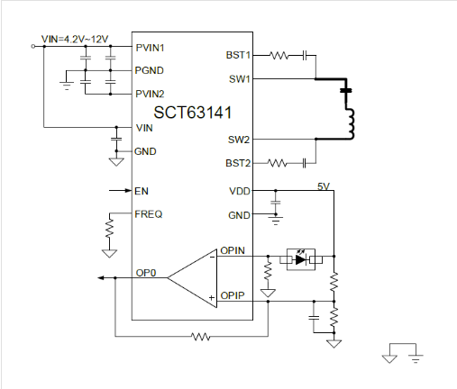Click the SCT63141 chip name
click(x=193, y=113)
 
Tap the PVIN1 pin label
click(x=150, y=48)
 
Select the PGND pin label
click(x=150, y=70)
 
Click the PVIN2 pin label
click(x=150, y=94)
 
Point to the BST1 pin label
click(x=238, y=55)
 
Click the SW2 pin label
click(x=239, y=140)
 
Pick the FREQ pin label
click(x=149, y=214)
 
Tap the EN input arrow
click(x=120, y=190)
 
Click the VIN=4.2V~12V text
click(x=75, y=39)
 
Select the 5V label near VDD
click(x=324, y=186)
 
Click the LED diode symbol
click(x=301, y=259)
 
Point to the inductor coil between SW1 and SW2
click(x=351, y=123)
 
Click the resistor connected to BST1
click(x=279, y=56)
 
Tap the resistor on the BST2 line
click(x=277, y=163)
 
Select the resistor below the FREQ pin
click(x=110, y=228)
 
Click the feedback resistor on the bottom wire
click(x=201, y=337)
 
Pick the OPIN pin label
click(x=233, y=250)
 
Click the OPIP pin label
click(x=233, y=295)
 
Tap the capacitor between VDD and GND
click(x=276, y=202)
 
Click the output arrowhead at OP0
click(x=101, y=278)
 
